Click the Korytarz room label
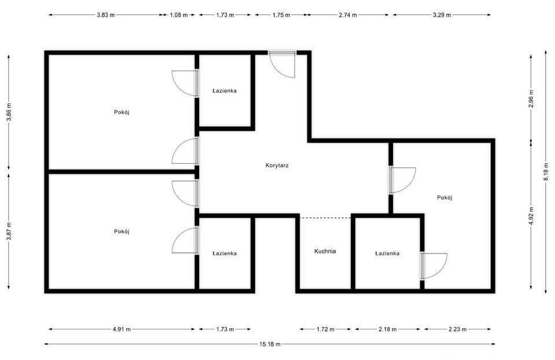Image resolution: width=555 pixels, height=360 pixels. tap(277, 166)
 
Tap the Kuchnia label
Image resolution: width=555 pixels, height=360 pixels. tap(325, 251)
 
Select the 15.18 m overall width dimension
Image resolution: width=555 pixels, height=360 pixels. tap(270, 344)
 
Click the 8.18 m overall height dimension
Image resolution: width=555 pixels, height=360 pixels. tap(546, 172)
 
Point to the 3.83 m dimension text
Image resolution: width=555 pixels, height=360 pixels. tap(105, 15)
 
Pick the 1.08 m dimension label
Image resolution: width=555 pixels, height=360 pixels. tap(179, 15)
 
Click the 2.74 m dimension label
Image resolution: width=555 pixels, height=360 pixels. tap(348, 15)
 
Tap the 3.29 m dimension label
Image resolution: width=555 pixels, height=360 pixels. tap(442, 15)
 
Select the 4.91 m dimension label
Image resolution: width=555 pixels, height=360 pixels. tap(122, 329)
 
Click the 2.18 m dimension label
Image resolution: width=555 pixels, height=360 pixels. tap(388, 329)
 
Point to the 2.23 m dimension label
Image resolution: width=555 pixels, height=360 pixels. tap(458, 329)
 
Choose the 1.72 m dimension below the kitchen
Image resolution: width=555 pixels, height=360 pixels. tap(325, 329)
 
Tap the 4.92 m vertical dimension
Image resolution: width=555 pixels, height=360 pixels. tap(531, 215)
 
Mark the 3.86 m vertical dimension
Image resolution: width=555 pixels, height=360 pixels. tap(9, 112)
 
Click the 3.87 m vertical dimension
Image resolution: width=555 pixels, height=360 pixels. tap(9, 232)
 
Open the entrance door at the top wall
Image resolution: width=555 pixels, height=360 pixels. tap(282, 64)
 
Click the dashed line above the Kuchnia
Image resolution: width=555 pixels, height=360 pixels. tap(325, 218)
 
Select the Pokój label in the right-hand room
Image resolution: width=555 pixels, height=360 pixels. tap(444, 197)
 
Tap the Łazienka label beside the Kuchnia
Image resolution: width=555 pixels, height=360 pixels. tap(387, 254)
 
